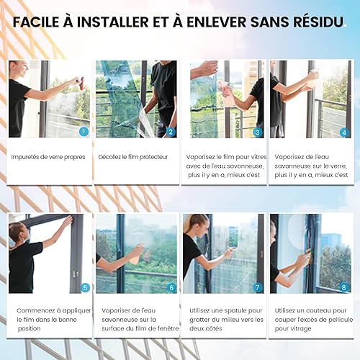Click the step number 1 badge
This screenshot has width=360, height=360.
pyautogui.click(x=84, y=131)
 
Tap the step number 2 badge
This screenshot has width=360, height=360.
pyautogui.click(x=171, y=132)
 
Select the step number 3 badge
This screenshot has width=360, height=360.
pyautogui.click(x=258, y=132)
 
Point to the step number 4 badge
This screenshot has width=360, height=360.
pyautogui.click(x=344, y=132)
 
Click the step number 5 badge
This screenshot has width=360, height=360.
pyautogui.click(x=85, y=287)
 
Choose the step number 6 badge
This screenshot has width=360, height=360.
pyautogui.click(x=171, y=287)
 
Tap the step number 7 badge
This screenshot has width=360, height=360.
pyautogui.click(x=258, y=287)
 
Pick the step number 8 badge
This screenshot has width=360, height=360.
pyautogui.click(x=344, y=287)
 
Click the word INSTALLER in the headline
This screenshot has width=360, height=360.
pyautogui.click(x=113, y=22)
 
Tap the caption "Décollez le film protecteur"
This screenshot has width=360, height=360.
pyautogui.click(x=133, y=157)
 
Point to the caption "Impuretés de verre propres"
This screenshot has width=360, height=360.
pyautogui.click(x=48, y=157)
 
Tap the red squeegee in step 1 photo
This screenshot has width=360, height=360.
pyautogui.click(x=81, y=84)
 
